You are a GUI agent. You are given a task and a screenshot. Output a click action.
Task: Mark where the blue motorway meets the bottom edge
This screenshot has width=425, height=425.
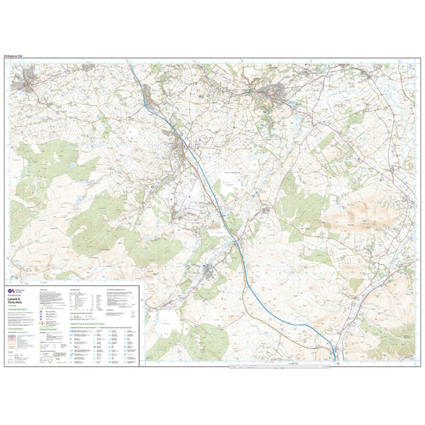point(334,360)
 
